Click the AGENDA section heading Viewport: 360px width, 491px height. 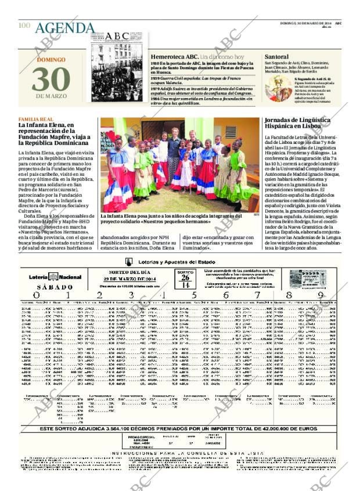pos(64,28)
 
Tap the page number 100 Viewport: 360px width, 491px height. pos(24,26)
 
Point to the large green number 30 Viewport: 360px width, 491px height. pos(51,80)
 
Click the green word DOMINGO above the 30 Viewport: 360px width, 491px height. pos(51,60)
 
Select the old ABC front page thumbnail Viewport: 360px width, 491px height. pos(117,65)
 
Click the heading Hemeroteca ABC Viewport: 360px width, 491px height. pos(174,57)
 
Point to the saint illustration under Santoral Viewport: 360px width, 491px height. pos(278,87)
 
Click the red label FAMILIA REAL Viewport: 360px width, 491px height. pos(36,120)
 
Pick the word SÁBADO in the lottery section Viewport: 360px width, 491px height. pos(55,287)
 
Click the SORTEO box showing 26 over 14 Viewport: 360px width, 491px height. pos(185,280)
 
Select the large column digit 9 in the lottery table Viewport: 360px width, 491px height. pos(321,295)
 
